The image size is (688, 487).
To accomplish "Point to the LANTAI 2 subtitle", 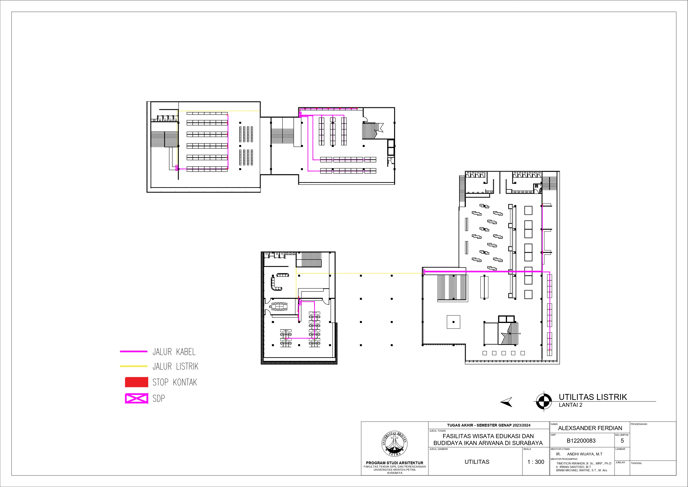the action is tap(571, 405).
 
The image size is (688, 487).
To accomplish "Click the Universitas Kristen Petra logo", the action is tap(394, 444).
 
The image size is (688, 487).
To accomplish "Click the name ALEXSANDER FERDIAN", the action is tap(590, 428).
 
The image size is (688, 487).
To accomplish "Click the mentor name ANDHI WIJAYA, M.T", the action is tap(585, 454).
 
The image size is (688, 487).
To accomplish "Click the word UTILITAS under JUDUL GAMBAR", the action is tap(477, 462).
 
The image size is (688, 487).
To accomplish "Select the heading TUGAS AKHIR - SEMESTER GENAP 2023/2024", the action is tap(489, 425).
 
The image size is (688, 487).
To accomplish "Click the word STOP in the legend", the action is tap(160, 382).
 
